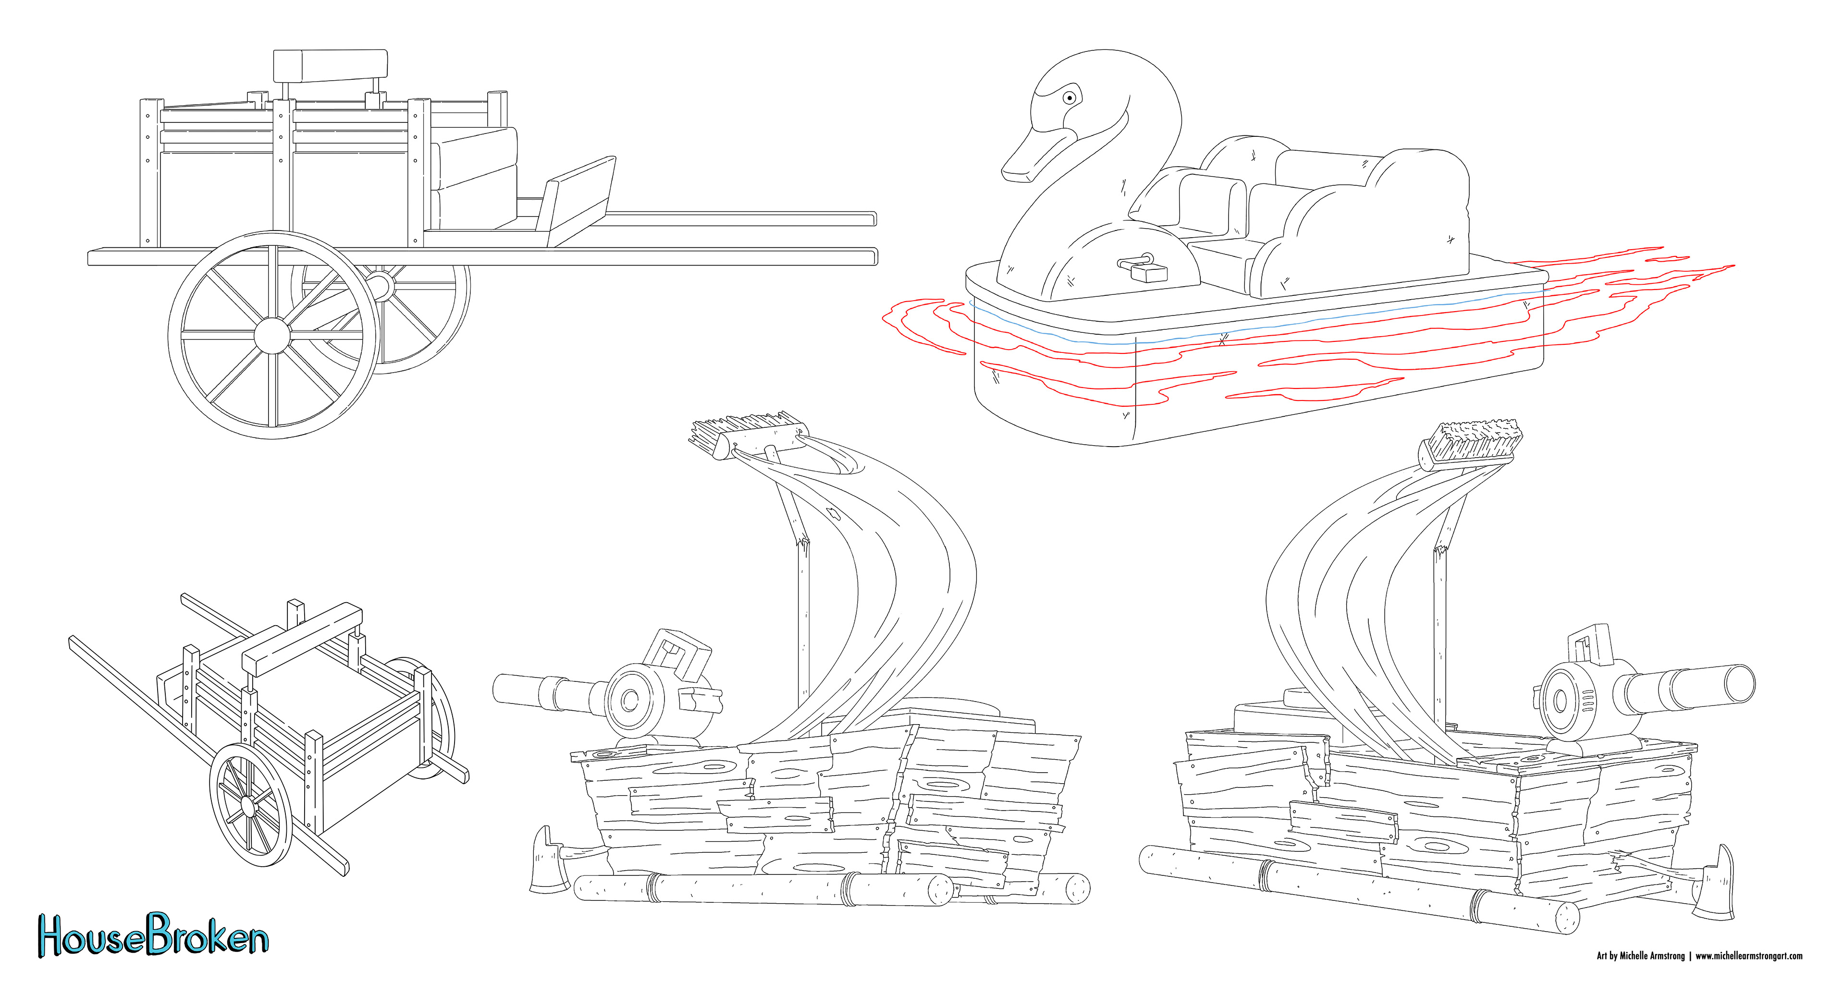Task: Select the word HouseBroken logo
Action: (x=153, y=935)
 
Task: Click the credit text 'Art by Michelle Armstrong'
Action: (x=1640, y=956)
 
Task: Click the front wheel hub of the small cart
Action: (x=248, y=806)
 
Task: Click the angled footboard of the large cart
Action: (x=578, y=200)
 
